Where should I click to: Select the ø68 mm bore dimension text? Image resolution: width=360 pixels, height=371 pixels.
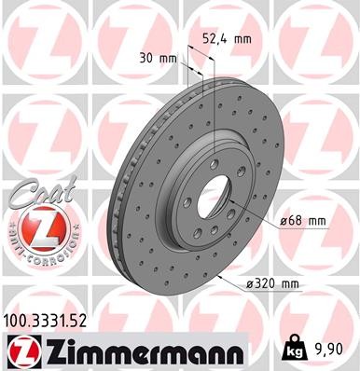click(304, 221)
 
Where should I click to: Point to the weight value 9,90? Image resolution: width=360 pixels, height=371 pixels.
click(333, 350)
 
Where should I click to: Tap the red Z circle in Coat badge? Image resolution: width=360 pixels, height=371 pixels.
click(34, 227)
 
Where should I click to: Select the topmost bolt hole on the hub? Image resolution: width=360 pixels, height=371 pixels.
click(215, 155)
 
